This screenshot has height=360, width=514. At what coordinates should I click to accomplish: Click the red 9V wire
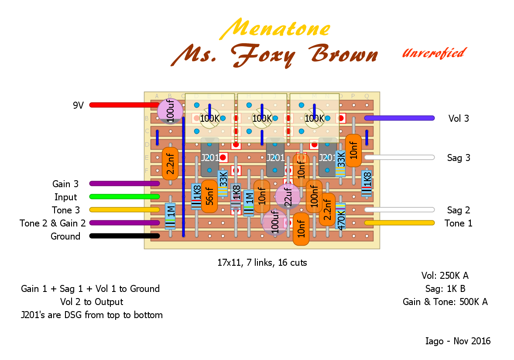(x=122, y=105)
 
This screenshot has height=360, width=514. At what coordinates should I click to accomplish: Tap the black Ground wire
(x=122, y=236)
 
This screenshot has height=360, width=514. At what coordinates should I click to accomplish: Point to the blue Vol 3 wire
(x=399, y=118)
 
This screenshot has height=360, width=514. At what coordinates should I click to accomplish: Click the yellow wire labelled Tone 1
(x=399, y=223)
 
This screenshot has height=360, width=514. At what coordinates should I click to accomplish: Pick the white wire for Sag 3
(x=399, y=157)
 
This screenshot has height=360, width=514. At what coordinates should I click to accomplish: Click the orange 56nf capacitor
(x=209, y=196)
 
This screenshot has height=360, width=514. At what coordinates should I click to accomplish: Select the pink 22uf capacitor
(x=288, y=196)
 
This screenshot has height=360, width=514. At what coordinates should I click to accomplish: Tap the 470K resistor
(x=340, y=216)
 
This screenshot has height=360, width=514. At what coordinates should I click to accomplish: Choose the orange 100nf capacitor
(x=314, y=196)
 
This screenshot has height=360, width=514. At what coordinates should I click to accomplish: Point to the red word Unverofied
(x=433, y=53)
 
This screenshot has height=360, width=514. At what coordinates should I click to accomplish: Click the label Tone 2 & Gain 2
(x=52, y=223)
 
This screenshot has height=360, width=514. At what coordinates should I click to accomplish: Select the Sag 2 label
(x=458, y=210)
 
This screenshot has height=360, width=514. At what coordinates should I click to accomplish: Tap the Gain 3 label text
(x=65, y=184)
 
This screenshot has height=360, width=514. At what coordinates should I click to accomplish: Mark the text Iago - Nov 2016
(x=458, y=341)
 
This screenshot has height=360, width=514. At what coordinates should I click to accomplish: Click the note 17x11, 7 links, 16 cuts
(x=262, y=263)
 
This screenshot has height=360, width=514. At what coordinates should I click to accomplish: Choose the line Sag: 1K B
(x=445, y=288)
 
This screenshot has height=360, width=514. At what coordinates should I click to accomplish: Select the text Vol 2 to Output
(x=92, y=302)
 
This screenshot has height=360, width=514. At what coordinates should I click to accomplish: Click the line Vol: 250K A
(x=445, y=275)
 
